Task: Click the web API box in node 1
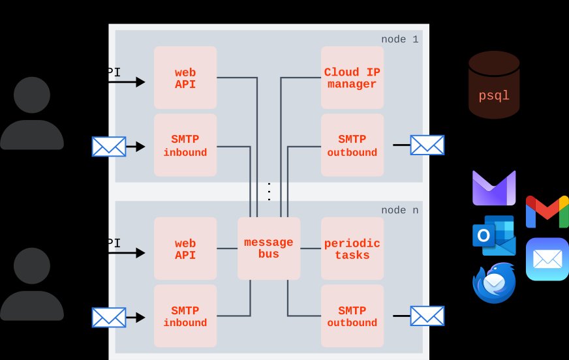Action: pyautogui.click(x=185, y=78)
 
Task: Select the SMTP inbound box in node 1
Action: pyautogui.click(x=185, y=145)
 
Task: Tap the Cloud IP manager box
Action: pyautogui.click(x=352, y=78)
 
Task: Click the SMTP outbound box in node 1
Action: pyautogui.click(x=352, y=145)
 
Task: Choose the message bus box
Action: pyautogui.click(x=269, y=248)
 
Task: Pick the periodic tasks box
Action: pyautogui.click(x=352, y=248)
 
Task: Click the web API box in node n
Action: pyautogui.click(x=185, y=248)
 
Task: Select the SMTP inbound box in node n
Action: pyautogui.click(x=185, y=316)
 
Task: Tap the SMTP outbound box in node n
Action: pyautogui.click(x=352, y=316)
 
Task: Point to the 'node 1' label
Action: pyautogui.click(x=399, y=39)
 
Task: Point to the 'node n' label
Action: pyautogui.click(x=399, y=210)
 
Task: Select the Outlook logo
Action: pyautogui.click(x=493, y=235)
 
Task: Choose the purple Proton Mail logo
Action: pyautogui.click(x=494, y=188)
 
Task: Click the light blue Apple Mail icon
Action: pyautogui.click(x=547, y=259)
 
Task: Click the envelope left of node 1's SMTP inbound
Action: pyautogui.click(x=109, y=147)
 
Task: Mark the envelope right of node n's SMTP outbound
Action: pyautogui.click(x=427, y=316)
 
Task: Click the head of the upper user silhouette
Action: pyautogui.click(x=32, y=97)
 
